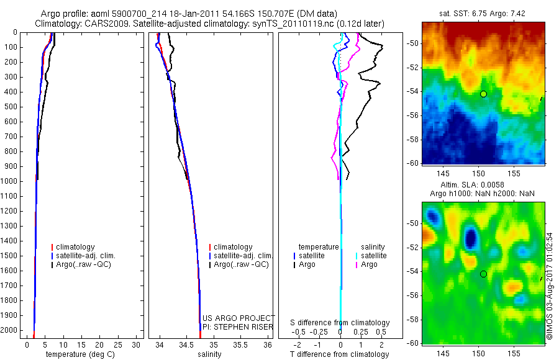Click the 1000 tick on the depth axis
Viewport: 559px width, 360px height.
(12, 181)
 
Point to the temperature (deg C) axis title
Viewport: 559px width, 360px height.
(79, 354)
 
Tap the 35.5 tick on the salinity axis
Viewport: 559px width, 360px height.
(240, 344)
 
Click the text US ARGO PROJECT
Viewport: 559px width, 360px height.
(239, 318)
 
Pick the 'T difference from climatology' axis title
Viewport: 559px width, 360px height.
(339, 354)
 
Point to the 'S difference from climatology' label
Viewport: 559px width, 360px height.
(340, 323)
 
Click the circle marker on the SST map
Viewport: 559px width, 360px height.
(483, 94)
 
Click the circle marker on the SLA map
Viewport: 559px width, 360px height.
(483, 274)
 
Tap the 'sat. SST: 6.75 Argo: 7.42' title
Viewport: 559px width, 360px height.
(483, 13)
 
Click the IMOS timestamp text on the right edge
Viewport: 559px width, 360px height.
(549, 286)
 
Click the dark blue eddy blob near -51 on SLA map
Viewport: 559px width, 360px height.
(471, 237)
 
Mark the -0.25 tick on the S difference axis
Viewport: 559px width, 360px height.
(319, 331)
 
